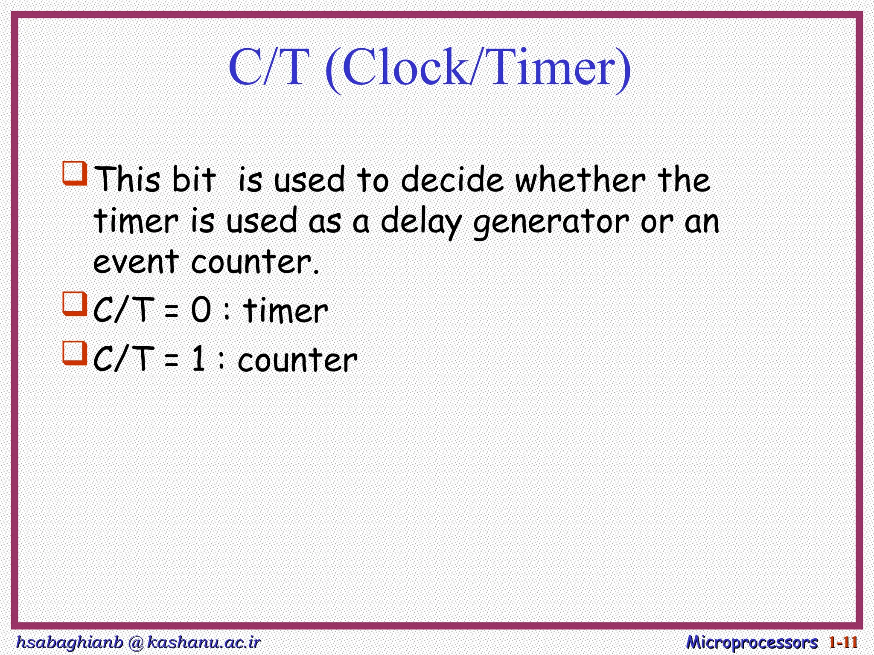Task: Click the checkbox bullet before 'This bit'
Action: tap(75, 173)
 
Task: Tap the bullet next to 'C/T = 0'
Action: tap(75, 303)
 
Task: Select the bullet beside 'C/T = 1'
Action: tap(75, 353)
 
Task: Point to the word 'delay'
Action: tap(421, 222)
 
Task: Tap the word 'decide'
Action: tap(452, 180)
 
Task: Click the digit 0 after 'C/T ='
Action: tap(201, 310)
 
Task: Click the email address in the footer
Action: tap(138, 642)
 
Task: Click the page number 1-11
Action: tap(843, 642)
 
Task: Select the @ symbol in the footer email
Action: tap(135, 643)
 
